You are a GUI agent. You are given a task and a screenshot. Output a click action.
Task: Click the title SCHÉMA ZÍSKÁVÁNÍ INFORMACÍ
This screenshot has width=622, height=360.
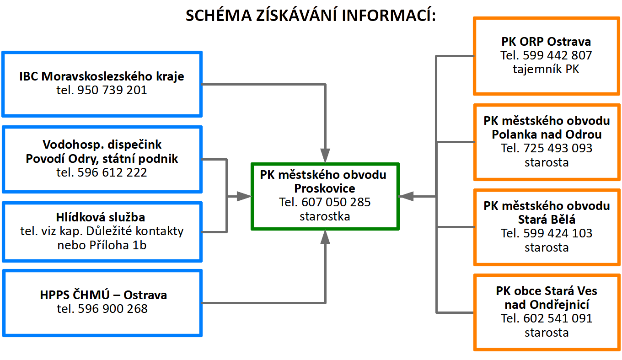(x=311, y=16)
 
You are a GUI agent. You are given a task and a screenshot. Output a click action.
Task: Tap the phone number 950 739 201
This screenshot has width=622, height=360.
(x=113, y=90)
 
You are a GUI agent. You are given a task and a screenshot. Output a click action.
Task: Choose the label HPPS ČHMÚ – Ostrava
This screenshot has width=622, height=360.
(x=103, y=295)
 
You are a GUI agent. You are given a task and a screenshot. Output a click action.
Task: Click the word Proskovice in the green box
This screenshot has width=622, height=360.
(x=325, y=188)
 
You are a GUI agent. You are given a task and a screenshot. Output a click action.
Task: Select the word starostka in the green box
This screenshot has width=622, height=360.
(x=325, y=216)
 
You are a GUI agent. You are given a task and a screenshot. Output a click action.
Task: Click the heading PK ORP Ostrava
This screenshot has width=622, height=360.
(x=546, y=42)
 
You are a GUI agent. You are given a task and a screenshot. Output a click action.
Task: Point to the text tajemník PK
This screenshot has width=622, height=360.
(x=546, y=70)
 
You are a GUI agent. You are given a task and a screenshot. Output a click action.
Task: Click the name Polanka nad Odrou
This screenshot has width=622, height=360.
(x=547, y=134)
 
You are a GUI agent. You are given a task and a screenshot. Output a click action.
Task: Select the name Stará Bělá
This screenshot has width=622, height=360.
(x=547, y=219)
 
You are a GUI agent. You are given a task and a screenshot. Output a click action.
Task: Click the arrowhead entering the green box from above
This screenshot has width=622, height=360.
(x=325, y=156)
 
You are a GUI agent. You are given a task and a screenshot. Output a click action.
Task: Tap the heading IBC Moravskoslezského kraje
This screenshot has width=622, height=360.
(x=102, y=76)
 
